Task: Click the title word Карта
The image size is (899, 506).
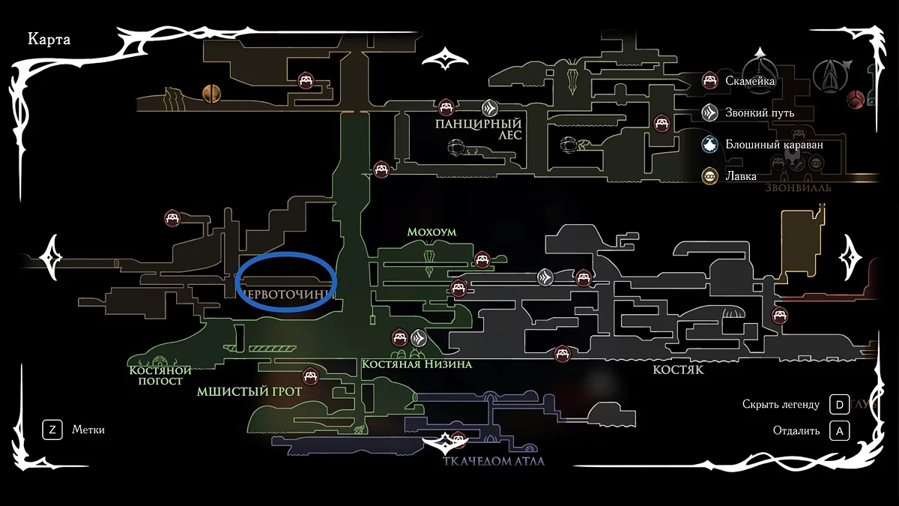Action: [49, 40]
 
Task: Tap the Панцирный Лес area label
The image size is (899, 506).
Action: [478, 128]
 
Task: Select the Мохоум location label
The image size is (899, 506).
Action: [432, 232]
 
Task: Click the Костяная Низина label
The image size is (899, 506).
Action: [417, 364]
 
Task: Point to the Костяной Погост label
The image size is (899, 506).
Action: [160, 375]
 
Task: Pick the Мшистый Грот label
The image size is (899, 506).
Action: [249, 391]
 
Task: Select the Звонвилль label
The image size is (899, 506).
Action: [798, 187]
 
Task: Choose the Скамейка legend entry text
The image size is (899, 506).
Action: [750, 81]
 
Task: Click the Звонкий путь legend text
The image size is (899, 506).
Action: [760, 113]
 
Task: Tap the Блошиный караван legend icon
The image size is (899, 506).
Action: [709, 145]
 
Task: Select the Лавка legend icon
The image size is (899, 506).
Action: [709, 177]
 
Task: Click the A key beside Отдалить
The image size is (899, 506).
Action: [839, 431]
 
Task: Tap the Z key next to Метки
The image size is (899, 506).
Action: [52, 430]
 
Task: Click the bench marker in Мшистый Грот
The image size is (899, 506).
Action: [308, 376]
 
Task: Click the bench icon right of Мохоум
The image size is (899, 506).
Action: [482, 259]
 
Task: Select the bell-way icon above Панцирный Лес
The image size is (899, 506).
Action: [489, 107]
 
